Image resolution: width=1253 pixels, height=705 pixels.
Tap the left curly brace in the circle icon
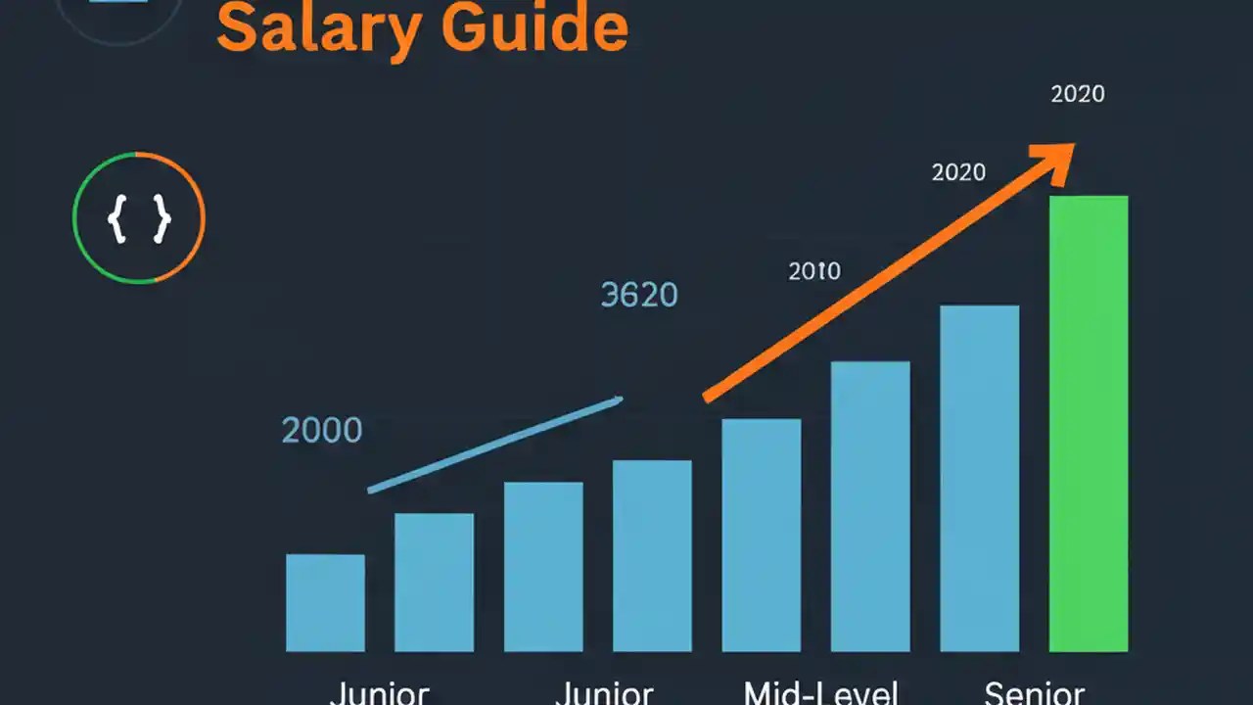pos(117,218)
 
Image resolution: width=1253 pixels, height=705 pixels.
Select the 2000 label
pos(322,430)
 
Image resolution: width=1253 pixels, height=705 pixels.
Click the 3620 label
pos(638,295)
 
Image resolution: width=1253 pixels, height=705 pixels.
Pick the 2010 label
pos(814,271)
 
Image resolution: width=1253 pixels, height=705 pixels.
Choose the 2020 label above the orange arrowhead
pos(1077,94)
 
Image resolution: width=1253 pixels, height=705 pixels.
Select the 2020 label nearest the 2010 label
pos(958,172)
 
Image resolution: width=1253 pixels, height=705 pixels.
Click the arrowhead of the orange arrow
pos(1057,159)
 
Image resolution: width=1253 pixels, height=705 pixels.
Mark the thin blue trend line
pos(495,444)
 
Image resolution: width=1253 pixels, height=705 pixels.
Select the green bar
pos(1089,423)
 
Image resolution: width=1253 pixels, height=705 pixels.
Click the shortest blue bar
pos(325,602)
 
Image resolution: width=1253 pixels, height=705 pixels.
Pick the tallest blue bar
pos(979,478)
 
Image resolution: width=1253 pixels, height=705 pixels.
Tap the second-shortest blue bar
pos(434,582)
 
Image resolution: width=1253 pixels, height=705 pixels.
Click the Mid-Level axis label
pos(820,693)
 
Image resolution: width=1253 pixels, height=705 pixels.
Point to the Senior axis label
pos(1034,693)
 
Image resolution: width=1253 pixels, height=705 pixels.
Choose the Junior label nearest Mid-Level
pos(604,693)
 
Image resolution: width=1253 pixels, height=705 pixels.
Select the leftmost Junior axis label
pos(379,693)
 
